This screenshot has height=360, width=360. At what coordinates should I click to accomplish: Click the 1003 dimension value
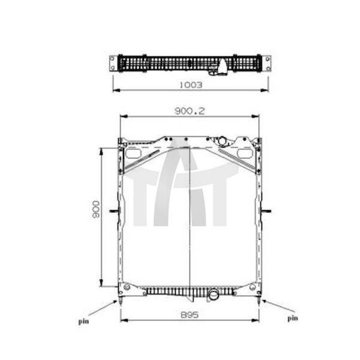click(x=191, y=85)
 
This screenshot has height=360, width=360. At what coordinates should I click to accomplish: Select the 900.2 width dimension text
click(x=190, y=111)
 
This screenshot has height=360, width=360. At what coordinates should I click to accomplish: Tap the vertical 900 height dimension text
click(x=95, y=209)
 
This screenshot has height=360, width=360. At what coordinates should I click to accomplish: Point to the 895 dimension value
click(x=190, y=314)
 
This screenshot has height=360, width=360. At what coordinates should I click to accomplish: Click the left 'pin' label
click(x=83, y=322)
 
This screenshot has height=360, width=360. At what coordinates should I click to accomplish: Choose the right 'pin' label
click(x=293, y=319)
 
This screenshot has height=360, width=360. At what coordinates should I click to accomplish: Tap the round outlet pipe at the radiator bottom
click(x=213, y=294)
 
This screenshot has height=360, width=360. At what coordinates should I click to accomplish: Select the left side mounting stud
click(x=115, y=211)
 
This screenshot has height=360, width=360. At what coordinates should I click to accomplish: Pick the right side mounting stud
click(x=266, y=211)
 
